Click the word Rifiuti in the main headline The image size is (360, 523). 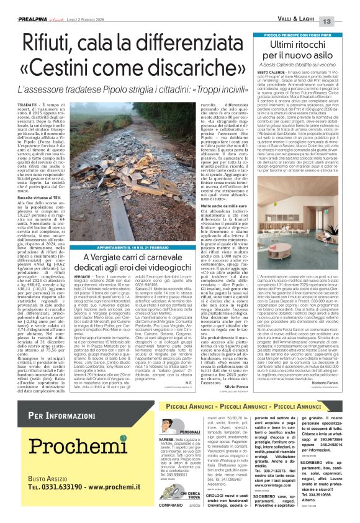60,43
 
